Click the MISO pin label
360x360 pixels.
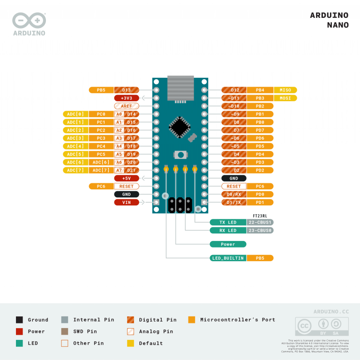pos(285,90)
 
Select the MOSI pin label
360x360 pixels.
pos(285,98)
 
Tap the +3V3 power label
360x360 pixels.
pos(127,98)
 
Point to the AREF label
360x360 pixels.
pos(127,106)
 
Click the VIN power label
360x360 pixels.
pos(127,202)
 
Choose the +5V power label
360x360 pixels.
pos(127,179)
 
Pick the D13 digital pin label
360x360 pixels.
pos(127,90)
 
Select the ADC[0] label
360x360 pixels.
pos(75,114)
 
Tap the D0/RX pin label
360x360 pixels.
pos(233,194)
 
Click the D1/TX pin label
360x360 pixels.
pos(233,202)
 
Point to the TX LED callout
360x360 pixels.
pos(228,222)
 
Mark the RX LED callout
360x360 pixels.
pos(228,230)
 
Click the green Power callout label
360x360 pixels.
pos(228,244)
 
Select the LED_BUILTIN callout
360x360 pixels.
pos(228,258)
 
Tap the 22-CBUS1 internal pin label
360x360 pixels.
pos(260,222)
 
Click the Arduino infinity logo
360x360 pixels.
pos(29,20)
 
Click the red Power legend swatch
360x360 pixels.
pos(19,331)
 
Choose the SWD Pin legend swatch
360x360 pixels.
pos(65,331)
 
